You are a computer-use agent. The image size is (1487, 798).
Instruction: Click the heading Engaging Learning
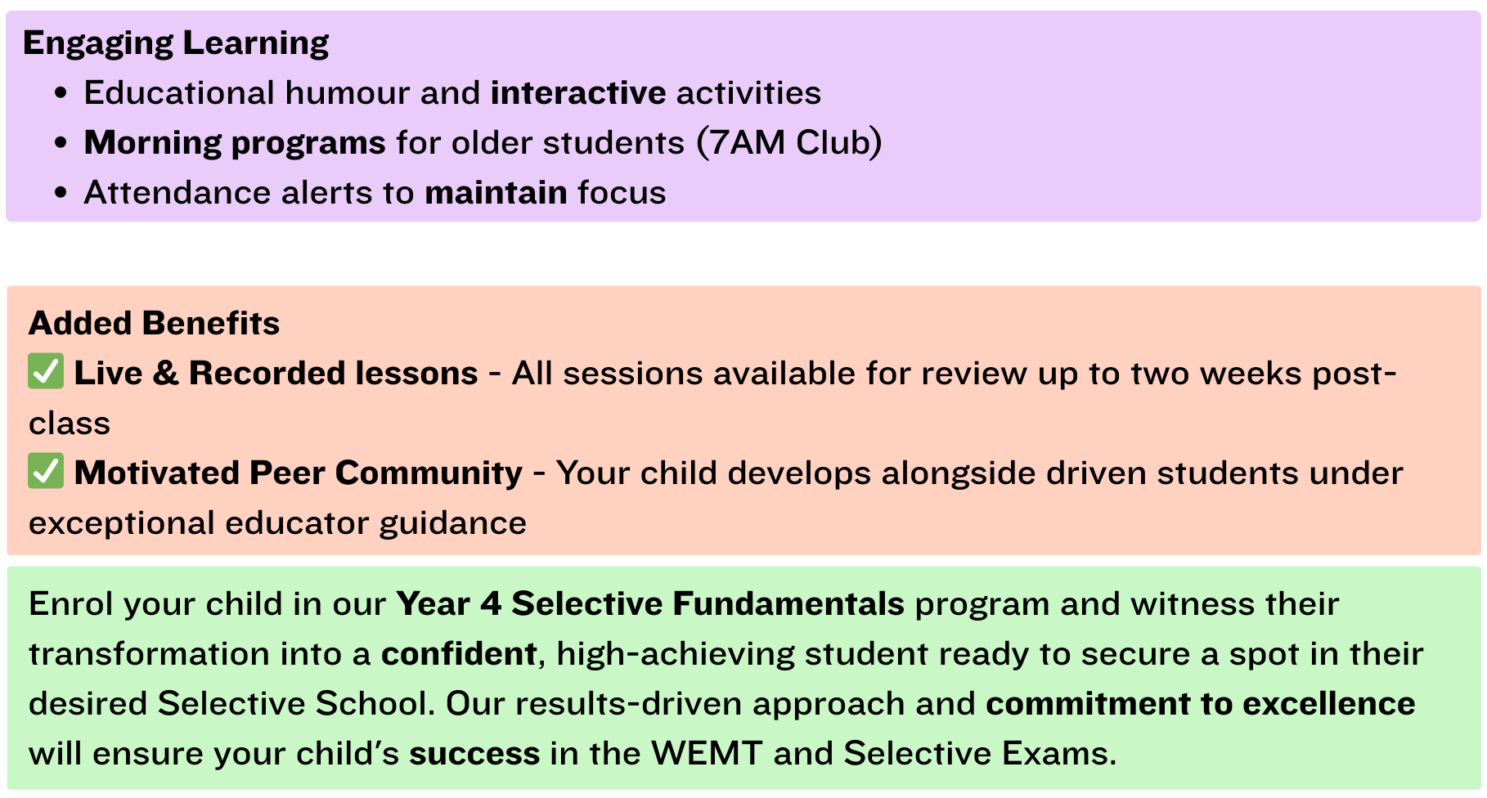coord(176,43)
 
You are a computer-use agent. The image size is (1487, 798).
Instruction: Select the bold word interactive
coord(578,93)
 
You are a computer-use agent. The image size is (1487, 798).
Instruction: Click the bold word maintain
coord(496,193)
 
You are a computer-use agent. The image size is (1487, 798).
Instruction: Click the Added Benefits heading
coord(154,324)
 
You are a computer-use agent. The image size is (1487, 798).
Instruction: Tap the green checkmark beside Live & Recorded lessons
coord(46,372)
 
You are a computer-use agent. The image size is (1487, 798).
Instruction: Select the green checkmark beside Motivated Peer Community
coord(46,472)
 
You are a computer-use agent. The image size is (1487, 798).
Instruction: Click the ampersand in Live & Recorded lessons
coord(165,374)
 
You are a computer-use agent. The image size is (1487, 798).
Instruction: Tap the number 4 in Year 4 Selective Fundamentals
coord(491,604)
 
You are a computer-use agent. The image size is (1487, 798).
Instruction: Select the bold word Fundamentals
coord(789,604)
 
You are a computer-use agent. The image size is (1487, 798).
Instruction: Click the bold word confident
coord(459,654)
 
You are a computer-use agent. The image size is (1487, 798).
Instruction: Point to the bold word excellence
coord(1328,704)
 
